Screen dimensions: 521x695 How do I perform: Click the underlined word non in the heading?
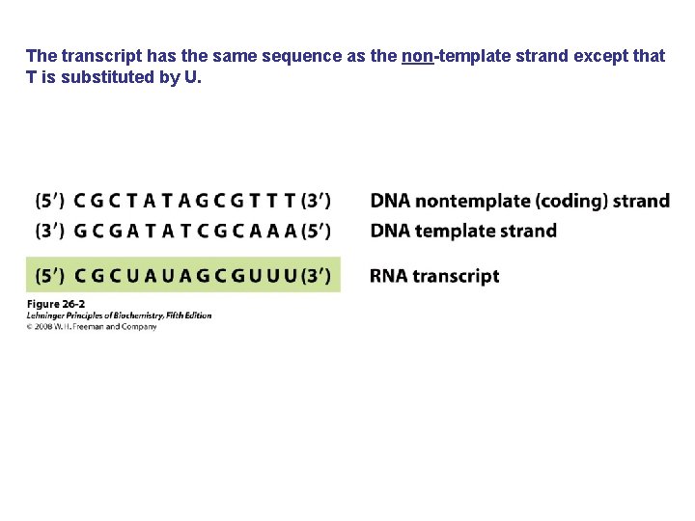(417, 56)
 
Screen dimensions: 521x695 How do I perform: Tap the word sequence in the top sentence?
(303, 56)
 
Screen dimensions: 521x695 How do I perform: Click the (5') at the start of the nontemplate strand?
(50, 202)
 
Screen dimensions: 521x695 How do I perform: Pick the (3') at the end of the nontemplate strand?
(316, 202)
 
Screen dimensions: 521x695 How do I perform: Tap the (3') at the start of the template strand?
(50, 232)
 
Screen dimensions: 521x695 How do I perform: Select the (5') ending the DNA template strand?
(316, 232)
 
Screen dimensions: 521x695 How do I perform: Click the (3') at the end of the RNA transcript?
(316, 276)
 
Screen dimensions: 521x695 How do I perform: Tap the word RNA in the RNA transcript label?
(388, 276)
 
